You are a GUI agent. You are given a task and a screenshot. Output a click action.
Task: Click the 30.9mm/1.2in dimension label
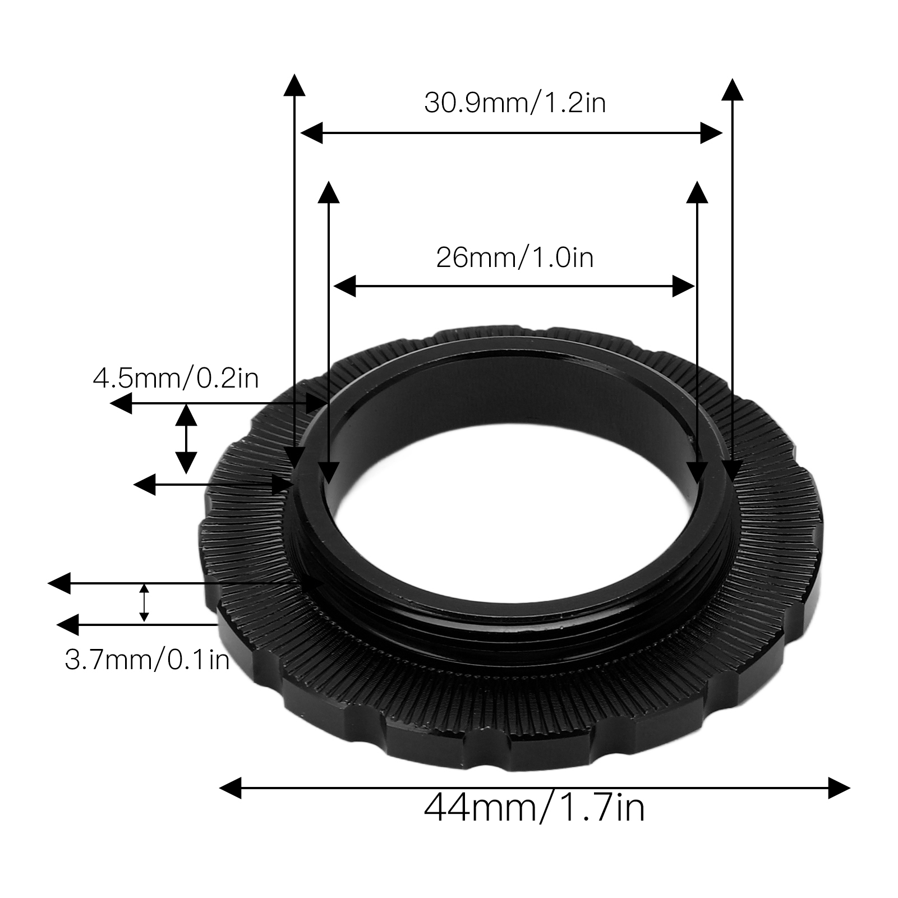[x=515, y=103]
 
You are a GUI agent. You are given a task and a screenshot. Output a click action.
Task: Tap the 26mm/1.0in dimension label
[x=515, y=258]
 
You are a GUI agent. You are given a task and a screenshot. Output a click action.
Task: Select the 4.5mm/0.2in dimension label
[x=176, y=379]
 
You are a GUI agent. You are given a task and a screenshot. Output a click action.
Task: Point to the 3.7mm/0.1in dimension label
[x=148, y=660]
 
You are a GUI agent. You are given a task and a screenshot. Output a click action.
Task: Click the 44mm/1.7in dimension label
[x=534, y=808]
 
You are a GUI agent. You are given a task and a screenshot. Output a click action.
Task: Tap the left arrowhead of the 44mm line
[x=230, y=788]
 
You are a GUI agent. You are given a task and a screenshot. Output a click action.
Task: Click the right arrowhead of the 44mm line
[x=839, y=788]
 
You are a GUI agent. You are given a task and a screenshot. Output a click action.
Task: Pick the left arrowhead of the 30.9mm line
[x=312, y=133]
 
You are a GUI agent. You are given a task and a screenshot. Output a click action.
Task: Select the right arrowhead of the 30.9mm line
[x=711, y=133]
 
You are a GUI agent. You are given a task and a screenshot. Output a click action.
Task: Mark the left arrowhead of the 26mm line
[x=344, y=286]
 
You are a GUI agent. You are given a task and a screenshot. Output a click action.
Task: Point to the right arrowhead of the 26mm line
[x=684, y=286]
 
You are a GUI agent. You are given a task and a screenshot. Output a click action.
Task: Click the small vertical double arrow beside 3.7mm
[x=144, y=603]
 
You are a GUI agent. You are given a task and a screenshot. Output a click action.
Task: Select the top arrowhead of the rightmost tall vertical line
[x=732, y=90]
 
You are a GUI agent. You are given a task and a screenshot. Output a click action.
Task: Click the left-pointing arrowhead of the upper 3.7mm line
[x=59, y=583]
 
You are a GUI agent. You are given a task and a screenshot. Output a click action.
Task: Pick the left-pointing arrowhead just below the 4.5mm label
[x=121, y=403]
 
